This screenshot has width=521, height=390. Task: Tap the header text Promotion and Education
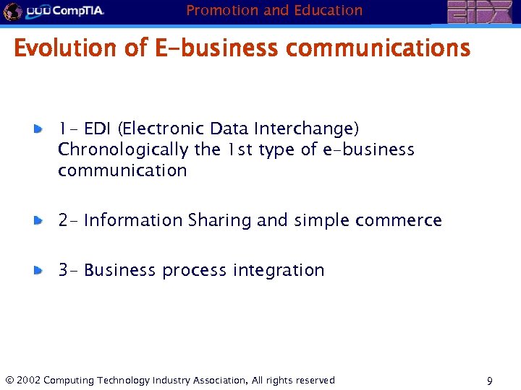tap(274, 10)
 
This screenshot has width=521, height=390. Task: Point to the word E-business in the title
tap(216, 48)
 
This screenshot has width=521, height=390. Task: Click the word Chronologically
tap(124, 149)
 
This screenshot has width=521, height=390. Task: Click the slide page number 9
tap(490, 381)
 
